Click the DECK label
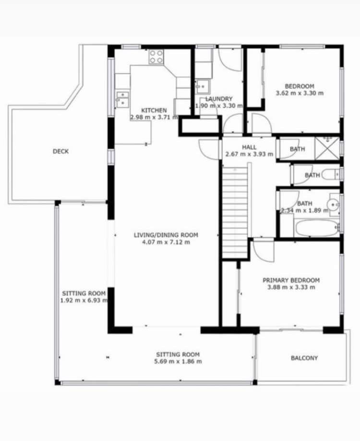pos(60,151)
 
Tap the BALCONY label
pos(304,358)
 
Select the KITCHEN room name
pos(154,110)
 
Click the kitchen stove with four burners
pos(156,57)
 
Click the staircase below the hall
pos(235,211)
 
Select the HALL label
pos(249,147)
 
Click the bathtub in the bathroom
pos(317,228)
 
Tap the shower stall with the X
pos(328,148)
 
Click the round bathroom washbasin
pos(333,204)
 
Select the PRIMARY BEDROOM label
pos(291,280)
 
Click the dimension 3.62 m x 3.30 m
pos(300,93)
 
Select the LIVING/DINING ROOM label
pos(166,235)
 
